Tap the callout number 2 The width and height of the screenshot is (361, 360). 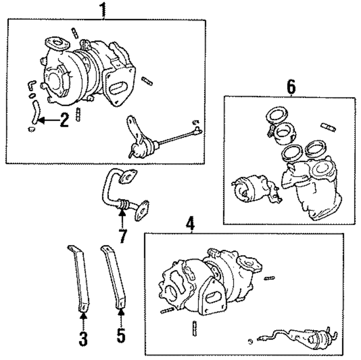coord(64,120)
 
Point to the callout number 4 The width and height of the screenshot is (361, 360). coord(190,223)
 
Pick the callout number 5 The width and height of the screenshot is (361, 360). coord(121,336)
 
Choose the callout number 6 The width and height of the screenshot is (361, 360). coord(291,87)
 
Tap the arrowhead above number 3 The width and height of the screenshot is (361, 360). coord(83,316)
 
